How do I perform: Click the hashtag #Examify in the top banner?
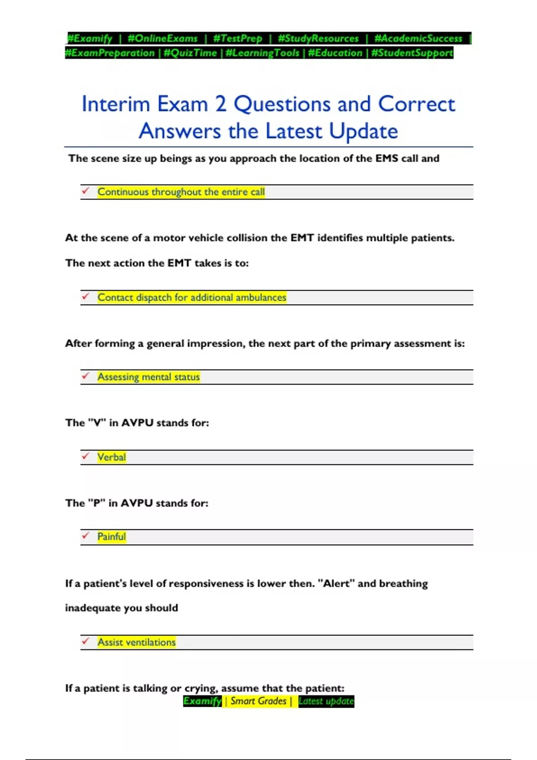[x=89, y=38]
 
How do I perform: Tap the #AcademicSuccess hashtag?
[x=418, y=38]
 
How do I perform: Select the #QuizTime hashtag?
[x=190, y=53]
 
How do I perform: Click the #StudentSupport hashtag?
[x=412, y=53]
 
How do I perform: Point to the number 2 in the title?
[x=221, y=104]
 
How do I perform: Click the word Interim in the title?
[x=115, y=104]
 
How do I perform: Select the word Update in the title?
[x=363, y=131]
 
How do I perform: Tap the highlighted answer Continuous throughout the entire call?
[x=181, y=192]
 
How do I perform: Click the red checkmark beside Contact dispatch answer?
[x=85, y=296]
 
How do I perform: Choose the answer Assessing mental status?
[x=149, y=377]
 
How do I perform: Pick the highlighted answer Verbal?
[x=111, y=457]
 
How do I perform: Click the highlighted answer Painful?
[x=111, y=536]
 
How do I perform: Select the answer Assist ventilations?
[x=136, y=642]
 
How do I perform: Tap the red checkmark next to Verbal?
[x=85, y=456]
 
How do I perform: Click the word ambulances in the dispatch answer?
[x=261, y=297]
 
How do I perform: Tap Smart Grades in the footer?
[x=258, y=701]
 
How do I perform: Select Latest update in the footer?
[x=326, y=701]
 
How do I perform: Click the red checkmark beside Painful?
[x=85, y=536]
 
